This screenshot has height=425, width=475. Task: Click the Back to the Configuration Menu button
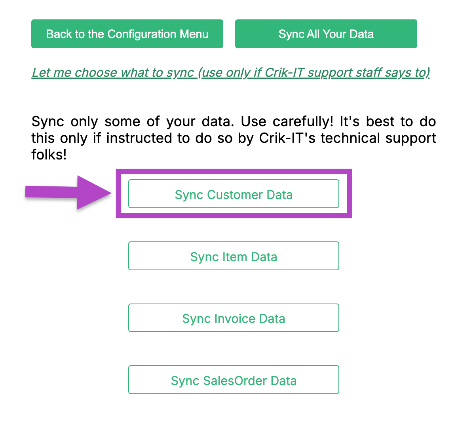point(127,34)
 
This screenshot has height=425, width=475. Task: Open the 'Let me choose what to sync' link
point(231,72)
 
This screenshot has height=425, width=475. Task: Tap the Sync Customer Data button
point(234,194)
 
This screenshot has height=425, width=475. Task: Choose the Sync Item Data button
point(234,256)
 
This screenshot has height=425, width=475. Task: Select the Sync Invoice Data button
point(234,318)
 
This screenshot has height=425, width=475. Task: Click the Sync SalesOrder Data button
point(234,379)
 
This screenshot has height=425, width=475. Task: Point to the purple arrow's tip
point(111,193)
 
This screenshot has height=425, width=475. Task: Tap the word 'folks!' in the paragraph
point(49,155)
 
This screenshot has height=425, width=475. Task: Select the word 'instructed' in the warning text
point(139,138)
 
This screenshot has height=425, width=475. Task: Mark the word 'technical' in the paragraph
point(350,138)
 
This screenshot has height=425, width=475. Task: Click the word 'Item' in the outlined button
point(235,257)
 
